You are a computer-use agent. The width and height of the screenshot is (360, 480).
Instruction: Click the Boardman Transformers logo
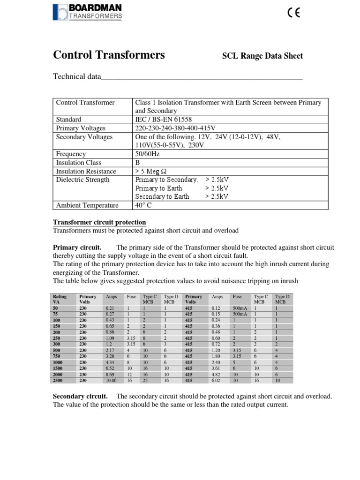[x=88, y=12]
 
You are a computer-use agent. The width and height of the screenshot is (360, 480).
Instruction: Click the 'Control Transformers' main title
[x=109, y=55]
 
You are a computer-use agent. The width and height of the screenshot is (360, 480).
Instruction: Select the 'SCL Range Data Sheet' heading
[x=262, y=56]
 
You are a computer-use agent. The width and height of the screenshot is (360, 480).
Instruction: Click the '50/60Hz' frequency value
[x=148, y=154]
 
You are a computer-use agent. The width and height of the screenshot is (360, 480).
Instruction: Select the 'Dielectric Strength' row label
[x=82, y=180]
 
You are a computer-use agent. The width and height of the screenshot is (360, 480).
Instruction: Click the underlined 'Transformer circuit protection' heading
[x=99, y=222]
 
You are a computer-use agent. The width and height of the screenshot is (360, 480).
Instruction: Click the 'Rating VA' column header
[x=60, y=299]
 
